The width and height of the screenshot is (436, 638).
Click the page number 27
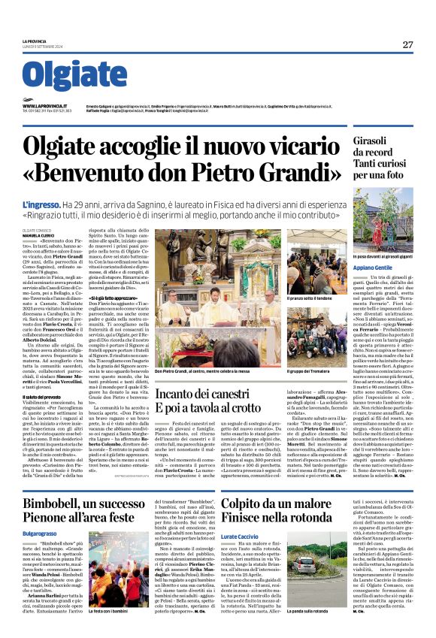point(407,44)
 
